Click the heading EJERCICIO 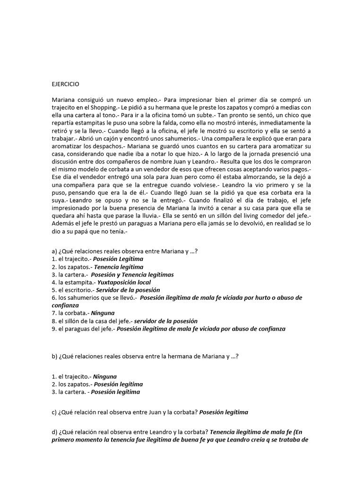[66, 84]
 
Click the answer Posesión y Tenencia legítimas [132, 274]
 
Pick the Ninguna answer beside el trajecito [104, 377]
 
